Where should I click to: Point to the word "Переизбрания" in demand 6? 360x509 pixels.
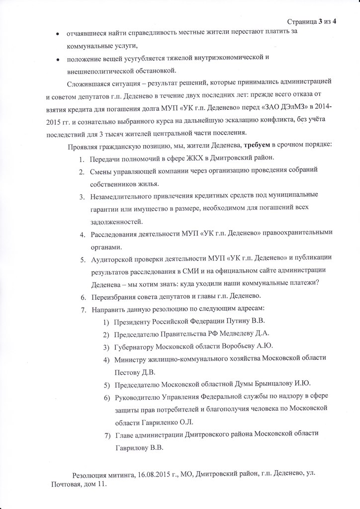coord(115,297)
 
